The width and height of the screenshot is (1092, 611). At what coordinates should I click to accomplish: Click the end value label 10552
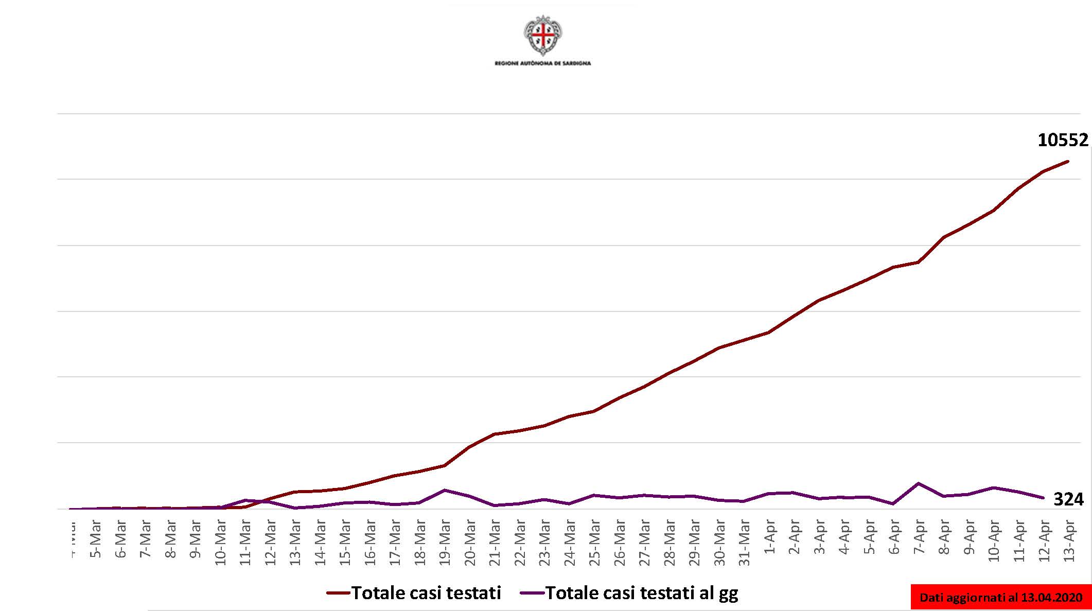1063,140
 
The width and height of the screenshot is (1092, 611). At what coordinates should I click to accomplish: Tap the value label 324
1068,499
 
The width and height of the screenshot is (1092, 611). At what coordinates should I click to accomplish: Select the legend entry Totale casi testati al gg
629,593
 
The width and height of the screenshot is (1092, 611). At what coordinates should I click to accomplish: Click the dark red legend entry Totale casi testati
414,593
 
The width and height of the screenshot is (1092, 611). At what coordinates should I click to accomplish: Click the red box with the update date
1001,598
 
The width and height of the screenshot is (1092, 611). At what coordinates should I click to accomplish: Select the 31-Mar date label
745,542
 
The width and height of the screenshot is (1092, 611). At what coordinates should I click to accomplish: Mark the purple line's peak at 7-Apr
919,483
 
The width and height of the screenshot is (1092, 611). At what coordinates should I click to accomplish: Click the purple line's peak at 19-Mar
445,490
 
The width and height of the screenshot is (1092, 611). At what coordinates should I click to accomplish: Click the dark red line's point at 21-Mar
495,434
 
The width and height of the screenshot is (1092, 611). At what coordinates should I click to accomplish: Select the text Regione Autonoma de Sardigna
542,63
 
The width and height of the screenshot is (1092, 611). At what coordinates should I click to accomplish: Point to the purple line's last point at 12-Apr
1043,498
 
